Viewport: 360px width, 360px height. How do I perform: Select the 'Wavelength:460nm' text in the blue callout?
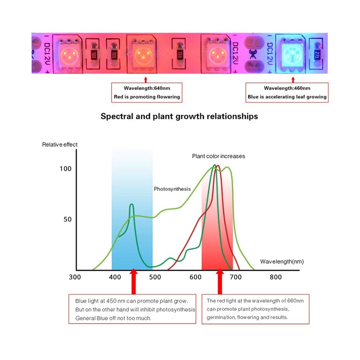[x=287, y=88]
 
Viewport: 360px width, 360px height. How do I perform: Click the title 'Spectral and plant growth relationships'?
[x=179, y=116]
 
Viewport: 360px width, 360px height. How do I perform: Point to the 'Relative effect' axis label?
[x=60, y=144]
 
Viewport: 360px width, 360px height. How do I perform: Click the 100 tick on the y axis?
[x=66, y=169]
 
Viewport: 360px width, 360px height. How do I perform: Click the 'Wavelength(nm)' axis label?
[x=282, y=261]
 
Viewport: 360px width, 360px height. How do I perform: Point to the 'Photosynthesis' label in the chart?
[x=172, y=189]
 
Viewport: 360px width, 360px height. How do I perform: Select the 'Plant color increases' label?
[x=219, y=156]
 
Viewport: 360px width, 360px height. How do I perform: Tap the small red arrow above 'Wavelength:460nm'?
[x=287, y=80]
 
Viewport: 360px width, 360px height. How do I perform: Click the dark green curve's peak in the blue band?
[x=132, y=205]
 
